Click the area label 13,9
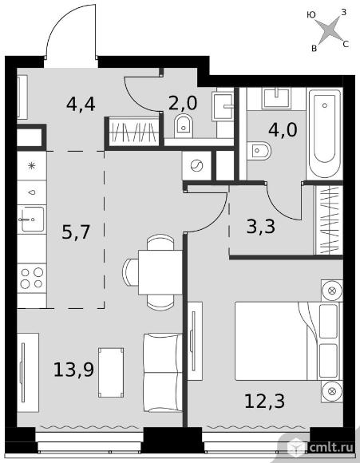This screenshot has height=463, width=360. pyautogui.click(x=73, y=370)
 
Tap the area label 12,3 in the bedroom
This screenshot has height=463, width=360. pyautogui.click(x=264, y=401)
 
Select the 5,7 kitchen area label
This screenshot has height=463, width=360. pyautogui.click(x=76, y=231)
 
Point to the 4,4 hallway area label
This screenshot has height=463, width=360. pyautogui.click(x=81, y=104)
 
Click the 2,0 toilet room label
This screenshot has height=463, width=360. pyautogui.click(x=183, y=103)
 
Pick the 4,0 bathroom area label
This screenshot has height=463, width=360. pyautogui.click(x=283, y=130)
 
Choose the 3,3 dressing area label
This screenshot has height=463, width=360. pyautogui.click(x=261, y=227)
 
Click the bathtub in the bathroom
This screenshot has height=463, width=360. pyautogui.click(x=325, y=133)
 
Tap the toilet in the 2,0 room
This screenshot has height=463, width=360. pyautogui.click(x=184, y=126)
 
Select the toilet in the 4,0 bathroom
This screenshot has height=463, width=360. pyautogui.click(x=259, y=151)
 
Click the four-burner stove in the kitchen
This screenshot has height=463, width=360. pyautogui.click(x=32, y=278)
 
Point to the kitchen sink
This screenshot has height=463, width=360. pyautogui.click(x=32, y=219)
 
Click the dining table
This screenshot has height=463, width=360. pyautogui.click(x=160, y=272)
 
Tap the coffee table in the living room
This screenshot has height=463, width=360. pyautogui.click(x=111, y=372)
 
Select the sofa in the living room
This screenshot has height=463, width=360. pyautogui.click(x=162, y=373)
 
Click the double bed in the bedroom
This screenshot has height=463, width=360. pyautogui.click(x=288, y=341)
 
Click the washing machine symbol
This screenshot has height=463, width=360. pyautogui.click(x=196, y=165)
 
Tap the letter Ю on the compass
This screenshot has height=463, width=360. pyautogui.click(x=311, y=14)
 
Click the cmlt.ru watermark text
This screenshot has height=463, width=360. pyautogui.click(x=331, y=447)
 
